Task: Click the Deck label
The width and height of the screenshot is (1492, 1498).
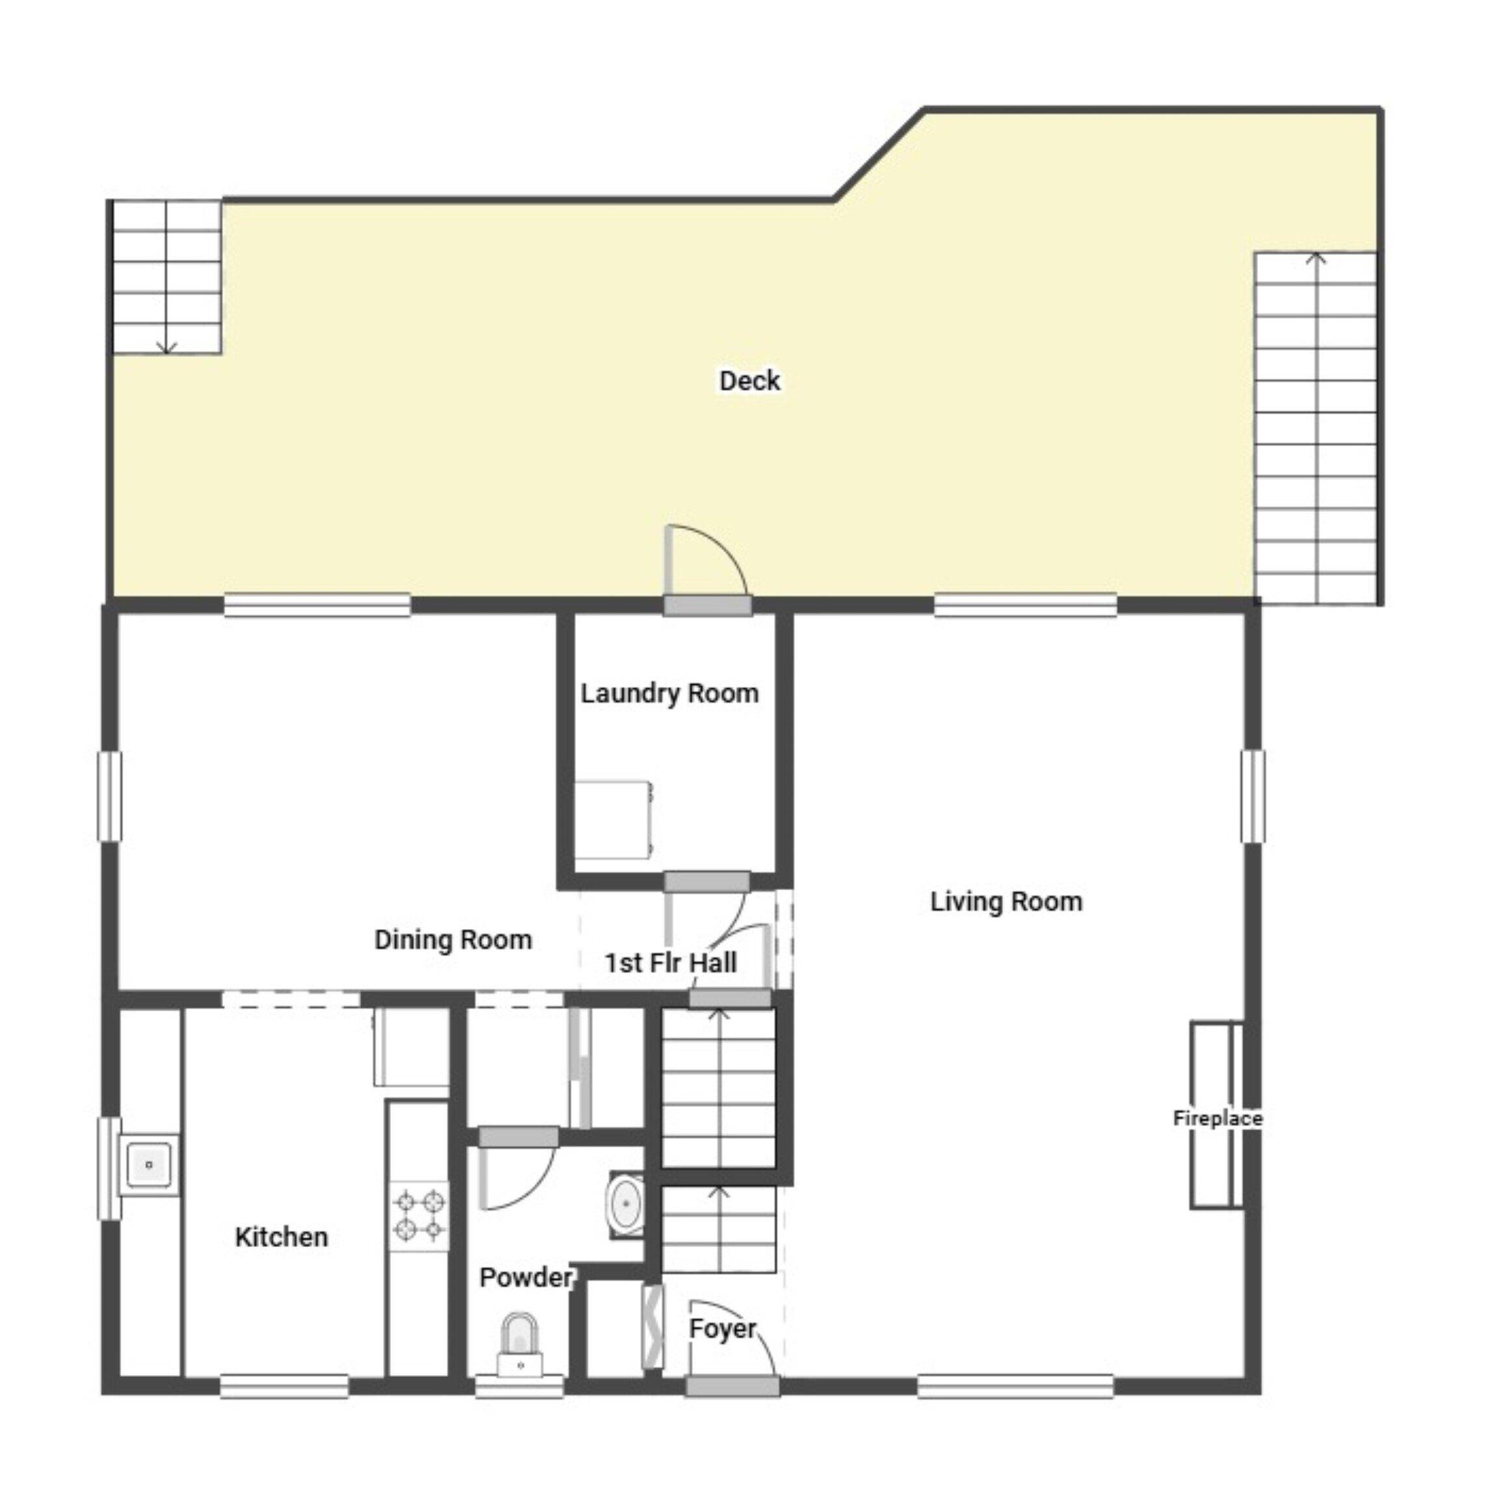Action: [749, 381]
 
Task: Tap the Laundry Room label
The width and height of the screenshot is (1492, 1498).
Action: [670, 693]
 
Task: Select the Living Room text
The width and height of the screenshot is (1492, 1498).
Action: [1006, 901]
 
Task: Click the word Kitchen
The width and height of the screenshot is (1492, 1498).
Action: [282, 1237]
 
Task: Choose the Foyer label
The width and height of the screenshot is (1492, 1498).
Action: [722, 1329]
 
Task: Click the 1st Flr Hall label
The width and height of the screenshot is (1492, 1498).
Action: [671, 963]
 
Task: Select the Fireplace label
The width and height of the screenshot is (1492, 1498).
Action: [1218, 1118]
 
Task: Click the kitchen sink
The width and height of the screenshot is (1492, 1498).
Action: [148, 1164]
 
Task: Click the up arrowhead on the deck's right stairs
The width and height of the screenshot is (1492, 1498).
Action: [1315, 258]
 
